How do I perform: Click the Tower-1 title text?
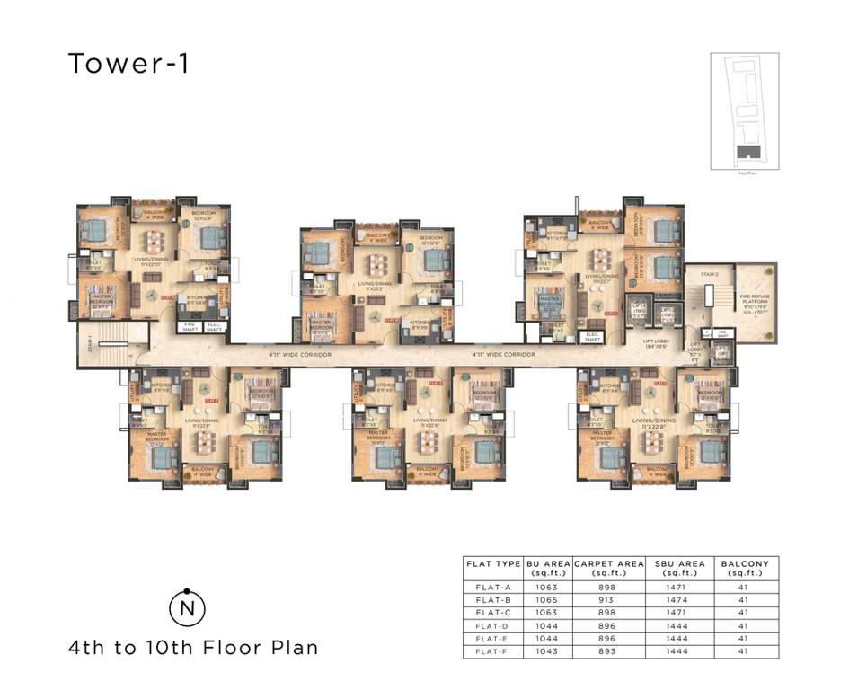(x=128, y=64)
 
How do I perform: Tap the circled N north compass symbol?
(x=187, y=608)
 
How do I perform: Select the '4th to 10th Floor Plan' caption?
(x=193, y=647)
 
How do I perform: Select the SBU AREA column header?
(x=679, y=569)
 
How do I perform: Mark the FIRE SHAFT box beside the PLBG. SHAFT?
(x=190, y=328)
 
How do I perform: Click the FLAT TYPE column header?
(x=493, y=564)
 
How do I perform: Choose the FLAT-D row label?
(x=493, y=625)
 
